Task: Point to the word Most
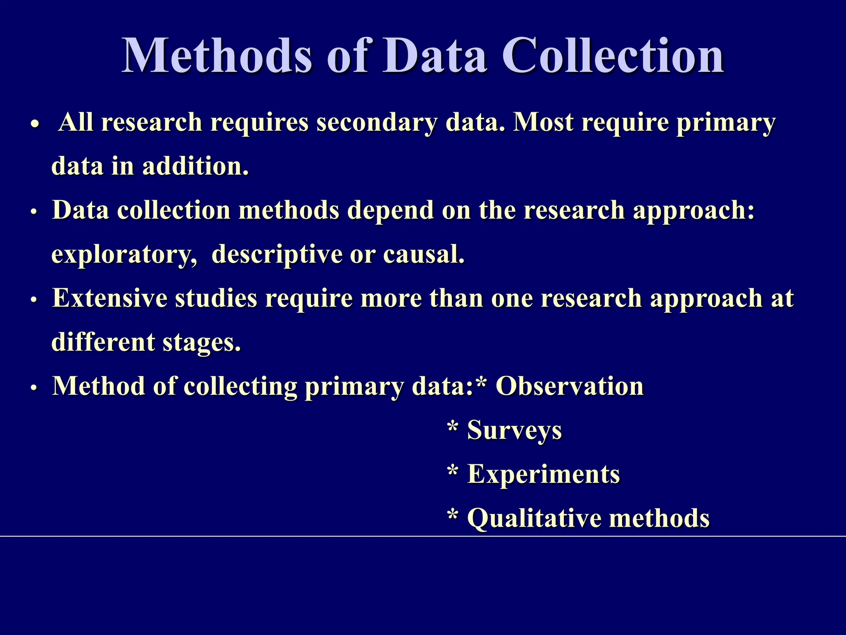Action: (543, 123)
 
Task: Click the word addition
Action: (195, 166)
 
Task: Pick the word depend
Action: (390, 210)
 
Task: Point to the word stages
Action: (201, 343)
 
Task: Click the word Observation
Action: (570, 386)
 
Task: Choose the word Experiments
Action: (543, 474)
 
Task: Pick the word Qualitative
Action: (534, 518)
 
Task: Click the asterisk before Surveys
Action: (453, 427)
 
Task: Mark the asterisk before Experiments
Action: (453, 472)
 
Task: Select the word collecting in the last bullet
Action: (240, 387)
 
